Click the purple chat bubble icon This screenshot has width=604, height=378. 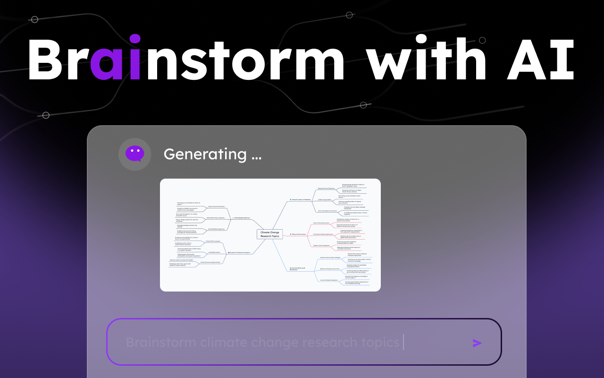point(134,154)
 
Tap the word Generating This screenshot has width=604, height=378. point(205,154)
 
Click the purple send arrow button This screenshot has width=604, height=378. point(477,343)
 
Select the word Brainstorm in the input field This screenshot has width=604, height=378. point(161,342)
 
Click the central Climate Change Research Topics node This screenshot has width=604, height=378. point(270,234)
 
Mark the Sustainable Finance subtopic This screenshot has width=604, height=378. point(214,252)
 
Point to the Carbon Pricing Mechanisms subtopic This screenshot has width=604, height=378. point(321,223)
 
